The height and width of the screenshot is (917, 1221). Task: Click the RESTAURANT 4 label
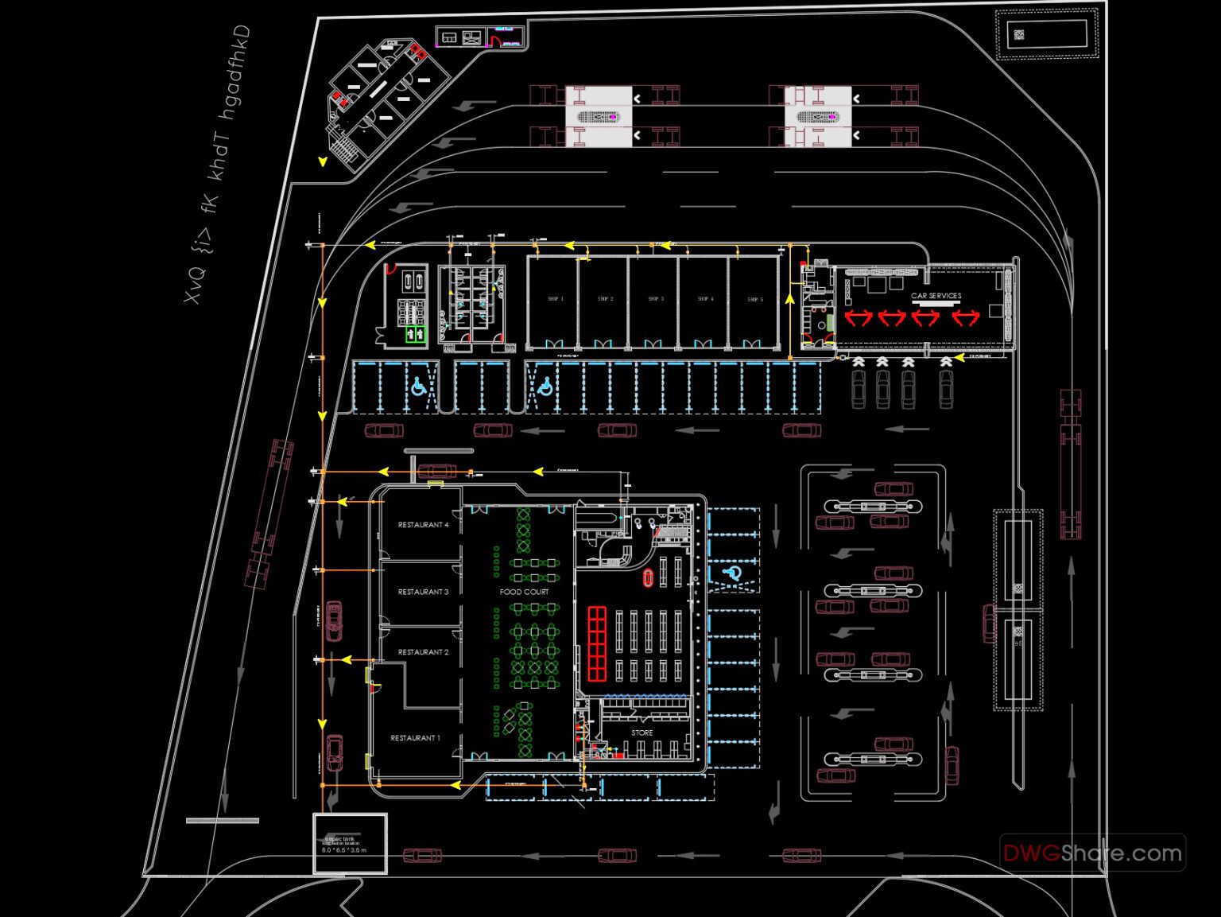point(423,525)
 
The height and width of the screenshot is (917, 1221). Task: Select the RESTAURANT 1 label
point(415,738)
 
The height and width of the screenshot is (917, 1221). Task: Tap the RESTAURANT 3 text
point(423,592)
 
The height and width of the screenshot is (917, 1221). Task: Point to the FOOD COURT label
point(524,592)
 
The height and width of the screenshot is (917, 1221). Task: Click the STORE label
point(642,732)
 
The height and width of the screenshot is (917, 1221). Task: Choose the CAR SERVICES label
point(936,296)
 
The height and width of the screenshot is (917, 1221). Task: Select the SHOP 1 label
point(555,299)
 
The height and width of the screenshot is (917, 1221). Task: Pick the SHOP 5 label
point(754,300)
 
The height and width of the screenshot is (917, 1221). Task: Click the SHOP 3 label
point(655,299)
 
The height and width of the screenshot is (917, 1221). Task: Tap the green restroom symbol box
point(415,335)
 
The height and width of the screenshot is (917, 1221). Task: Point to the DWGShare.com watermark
point(1092,853)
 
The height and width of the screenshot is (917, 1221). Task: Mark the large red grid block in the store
point(597,643)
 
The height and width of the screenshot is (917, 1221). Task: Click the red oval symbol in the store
point(647,577)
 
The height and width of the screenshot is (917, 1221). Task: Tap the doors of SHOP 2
point(603,344)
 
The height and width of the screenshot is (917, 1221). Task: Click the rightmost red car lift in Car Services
point(965,318)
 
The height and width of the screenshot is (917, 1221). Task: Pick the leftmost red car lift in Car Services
point(859,318)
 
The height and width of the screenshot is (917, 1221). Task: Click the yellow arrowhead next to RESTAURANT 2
point(346,659)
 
